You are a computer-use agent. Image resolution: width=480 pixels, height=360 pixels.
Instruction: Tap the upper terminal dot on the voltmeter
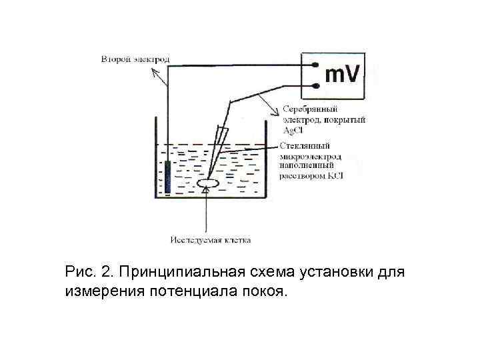315,65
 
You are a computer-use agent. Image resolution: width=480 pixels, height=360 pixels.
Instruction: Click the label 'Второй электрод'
135,59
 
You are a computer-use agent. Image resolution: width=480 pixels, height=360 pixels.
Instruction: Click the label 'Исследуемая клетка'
210,239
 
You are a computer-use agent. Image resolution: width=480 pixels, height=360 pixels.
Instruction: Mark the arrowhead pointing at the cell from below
206,191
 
